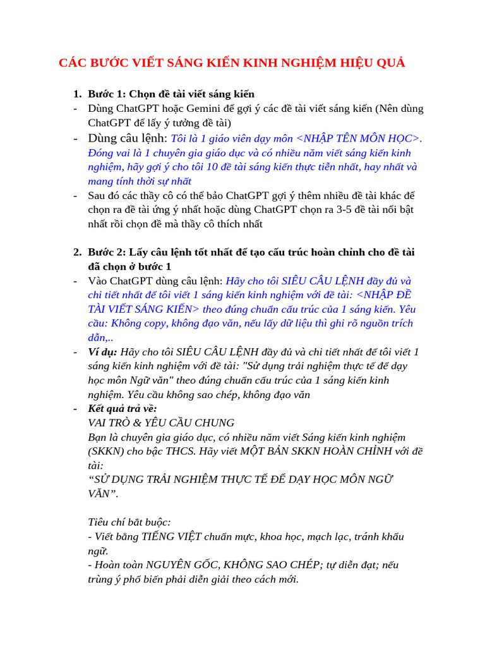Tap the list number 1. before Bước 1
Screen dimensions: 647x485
[77, 94]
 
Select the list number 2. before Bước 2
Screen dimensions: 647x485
[77, 252]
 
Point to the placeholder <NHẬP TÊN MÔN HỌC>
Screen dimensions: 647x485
[358, 138]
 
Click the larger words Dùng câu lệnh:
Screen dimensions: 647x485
[128, 138]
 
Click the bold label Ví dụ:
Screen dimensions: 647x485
[102, 352]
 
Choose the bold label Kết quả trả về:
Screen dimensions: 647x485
[123, 409]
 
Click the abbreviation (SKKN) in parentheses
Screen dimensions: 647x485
[106, 451]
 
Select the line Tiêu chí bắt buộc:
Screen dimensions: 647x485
[129, 522]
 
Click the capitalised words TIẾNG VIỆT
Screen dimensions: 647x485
[172, 536]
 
